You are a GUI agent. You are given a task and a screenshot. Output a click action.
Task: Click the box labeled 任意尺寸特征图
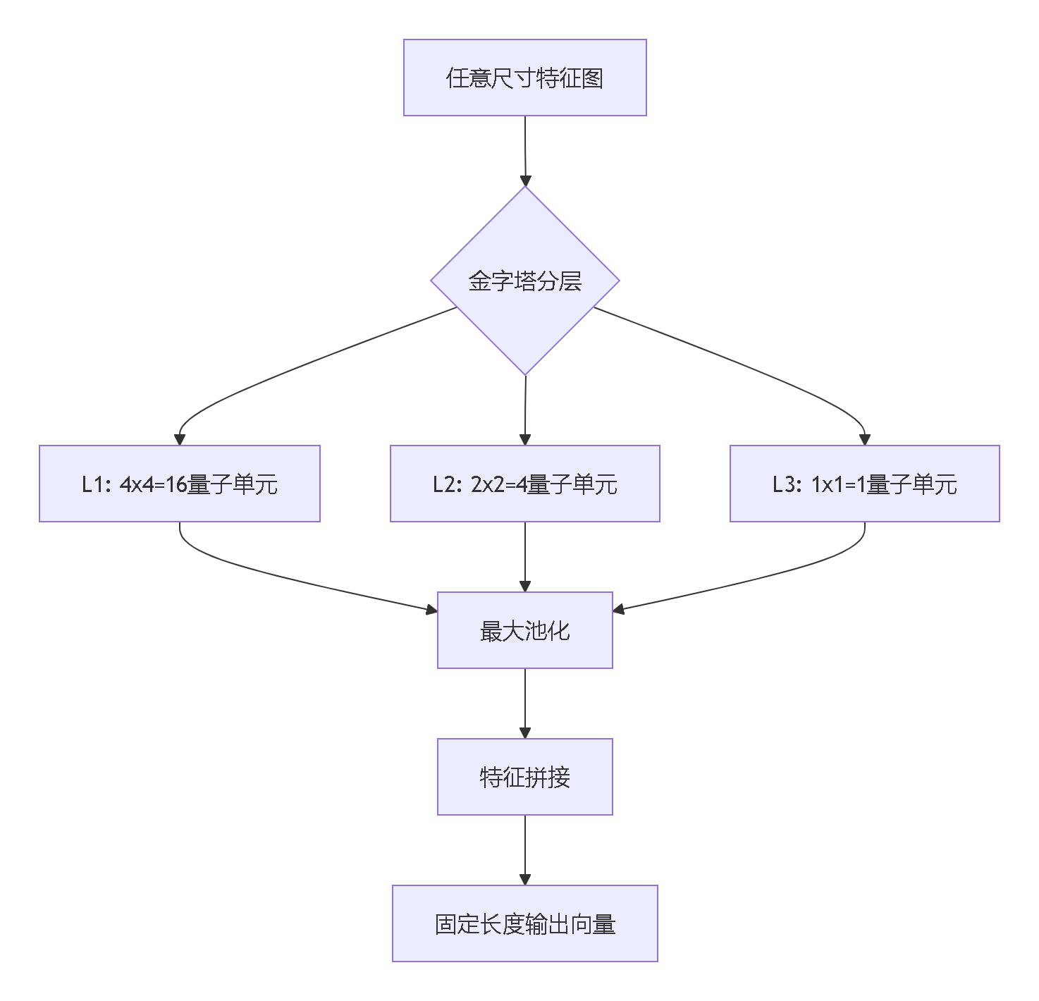pyautogui.click(x=524, y=78)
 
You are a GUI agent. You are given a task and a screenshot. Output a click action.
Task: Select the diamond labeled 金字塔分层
pyautogui.click(x=524, y=281)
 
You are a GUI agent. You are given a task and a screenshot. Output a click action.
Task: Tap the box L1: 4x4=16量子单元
pyautogui.click(x=180, y=484)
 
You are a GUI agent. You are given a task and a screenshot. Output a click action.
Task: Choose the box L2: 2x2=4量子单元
pyautogui.click(x=524, y=484)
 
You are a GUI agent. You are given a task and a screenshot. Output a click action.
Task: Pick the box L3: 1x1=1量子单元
pyautogui.click(x=864, y=484)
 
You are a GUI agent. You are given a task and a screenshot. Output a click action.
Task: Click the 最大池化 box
pyautogui.click(x=524, y=630)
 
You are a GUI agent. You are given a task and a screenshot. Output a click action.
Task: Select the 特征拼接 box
pyautogui.click(x=524, y=777)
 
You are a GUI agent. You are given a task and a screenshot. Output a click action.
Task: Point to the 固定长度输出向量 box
pyautogui.click(x=524, y=923)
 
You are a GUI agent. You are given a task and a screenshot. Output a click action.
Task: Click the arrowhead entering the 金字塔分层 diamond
pyautogui.click(x=525, y=180)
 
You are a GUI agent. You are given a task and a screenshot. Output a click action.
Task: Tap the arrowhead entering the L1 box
pyautogui.click(x=180, y=440)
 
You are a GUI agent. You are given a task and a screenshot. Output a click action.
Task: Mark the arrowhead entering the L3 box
pyautogui.click(x=865, y=440)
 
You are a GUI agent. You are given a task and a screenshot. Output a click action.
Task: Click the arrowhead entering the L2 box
pyautogui.click(x=524, y=440)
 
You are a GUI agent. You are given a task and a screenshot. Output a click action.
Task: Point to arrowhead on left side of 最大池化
pyautogui.click(x=431, y=609)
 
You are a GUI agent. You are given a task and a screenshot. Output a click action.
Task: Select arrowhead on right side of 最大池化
pyautogui.click(x=619, y=609)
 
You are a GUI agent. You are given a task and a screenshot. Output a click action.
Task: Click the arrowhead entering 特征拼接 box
pyautogui.click(x=525, y=733)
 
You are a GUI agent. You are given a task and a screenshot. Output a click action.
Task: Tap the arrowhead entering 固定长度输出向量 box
pyautogui.click(x=525, y=880)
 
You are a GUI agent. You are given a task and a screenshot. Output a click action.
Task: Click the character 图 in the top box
pyautogui.click(x=593, y=78)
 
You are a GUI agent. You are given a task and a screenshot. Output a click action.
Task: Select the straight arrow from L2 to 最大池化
pyautogui.click(x=525, y=553)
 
